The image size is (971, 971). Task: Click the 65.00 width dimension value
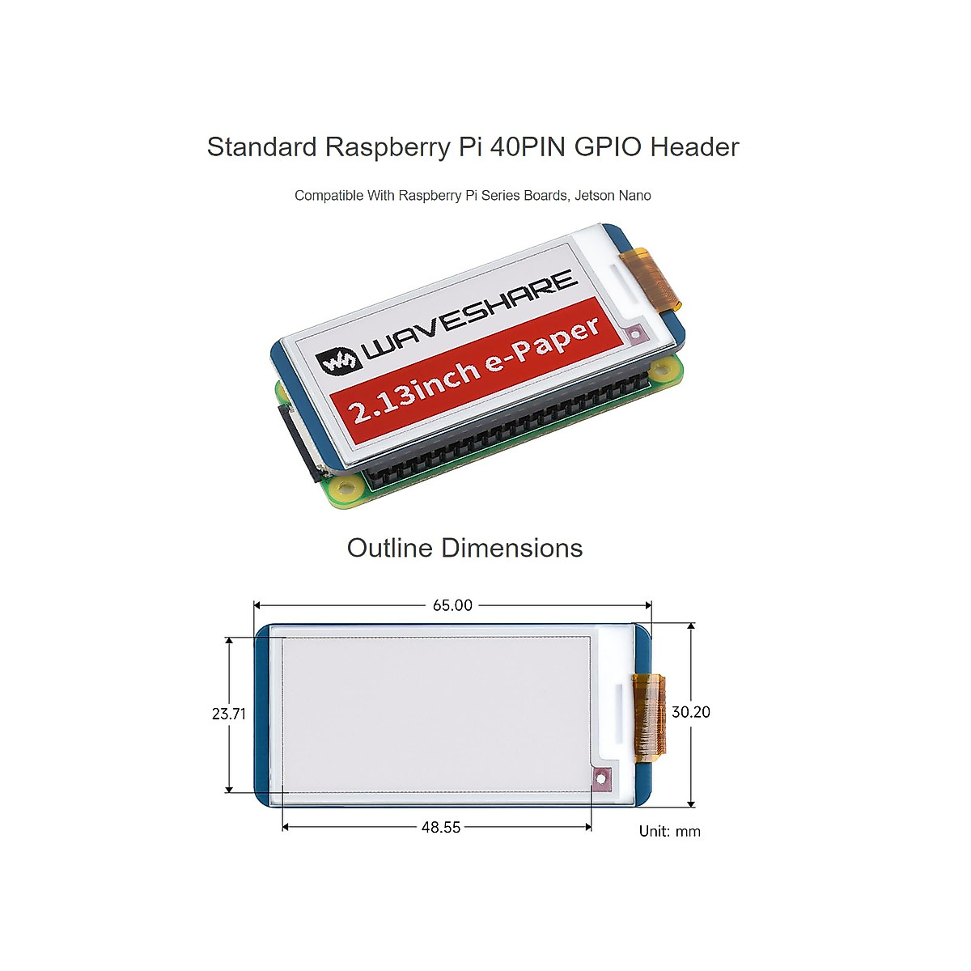pos(452,605)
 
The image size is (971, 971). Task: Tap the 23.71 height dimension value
pos(228,714)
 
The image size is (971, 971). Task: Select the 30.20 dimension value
pos(690,712)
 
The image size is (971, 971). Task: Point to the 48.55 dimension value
pos(441,827)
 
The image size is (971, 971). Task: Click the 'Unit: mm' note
pos(669,831)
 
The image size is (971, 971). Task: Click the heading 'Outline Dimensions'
pos(464,548)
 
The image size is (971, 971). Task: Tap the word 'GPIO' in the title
pos(608,147)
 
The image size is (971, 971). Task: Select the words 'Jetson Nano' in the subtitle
pos(613,195)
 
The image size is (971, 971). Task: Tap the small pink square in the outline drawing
pos(600,779)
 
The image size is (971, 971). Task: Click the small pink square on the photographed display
pos(635,333)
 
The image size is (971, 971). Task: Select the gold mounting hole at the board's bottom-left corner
pos(348,488)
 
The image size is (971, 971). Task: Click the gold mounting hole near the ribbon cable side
pos(663,371)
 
